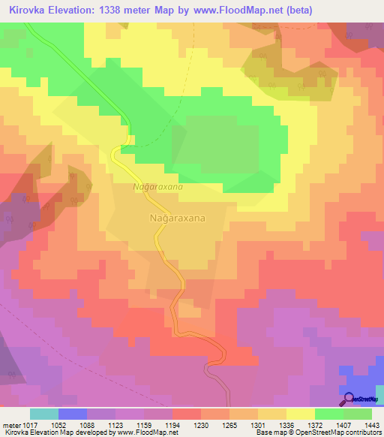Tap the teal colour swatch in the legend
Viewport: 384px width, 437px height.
44,414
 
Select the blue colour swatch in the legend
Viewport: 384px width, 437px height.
73,414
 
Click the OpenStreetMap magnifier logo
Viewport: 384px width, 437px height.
349,399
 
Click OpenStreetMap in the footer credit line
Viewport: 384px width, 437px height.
321,432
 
